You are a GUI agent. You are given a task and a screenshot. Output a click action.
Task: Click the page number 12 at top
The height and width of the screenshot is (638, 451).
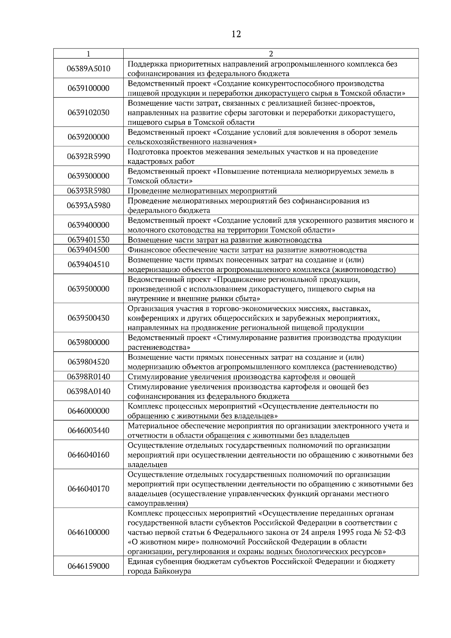point(236,34)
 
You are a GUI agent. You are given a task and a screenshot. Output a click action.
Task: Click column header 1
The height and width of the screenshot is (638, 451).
point(88,54)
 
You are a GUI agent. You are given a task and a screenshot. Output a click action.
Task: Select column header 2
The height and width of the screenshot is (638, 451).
point(271,54)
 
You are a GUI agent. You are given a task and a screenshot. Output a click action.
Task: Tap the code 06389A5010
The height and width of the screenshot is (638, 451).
point(88,68)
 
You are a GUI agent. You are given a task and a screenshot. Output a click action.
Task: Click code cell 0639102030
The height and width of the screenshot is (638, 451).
point(88,112)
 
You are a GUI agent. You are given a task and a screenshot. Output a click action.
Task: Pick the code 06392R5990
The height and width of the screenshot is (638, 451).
point(88,156)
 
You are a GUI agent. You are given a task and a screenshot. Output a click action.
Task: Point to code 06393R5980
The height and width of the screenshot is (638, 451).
point(88,190)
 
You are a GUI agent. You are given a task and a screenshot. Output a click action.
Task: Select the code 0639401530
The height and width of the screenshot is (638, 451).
point(88,240)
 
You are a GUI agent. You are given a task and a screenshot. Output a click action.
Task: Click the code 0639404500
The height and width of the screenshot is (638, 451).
point(88,249)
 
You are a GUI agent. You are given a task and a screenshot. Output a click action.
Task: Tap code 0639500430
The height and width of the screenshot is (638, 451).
point(88,318)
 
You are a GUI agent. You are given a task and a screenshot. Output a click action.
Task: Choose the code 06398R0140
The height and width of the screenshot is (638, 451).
point(88,376)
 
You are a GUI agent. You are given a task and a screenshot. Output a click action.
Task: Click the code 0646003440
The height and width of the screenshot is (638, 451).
point(88,430)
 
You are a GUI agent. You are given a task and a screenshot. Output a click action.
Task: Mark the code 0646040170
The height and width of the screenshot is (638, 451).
point(88,488)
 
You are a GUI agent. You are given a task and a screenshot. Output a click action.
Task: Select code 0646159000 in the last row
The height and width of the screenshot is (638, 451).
point(88,566)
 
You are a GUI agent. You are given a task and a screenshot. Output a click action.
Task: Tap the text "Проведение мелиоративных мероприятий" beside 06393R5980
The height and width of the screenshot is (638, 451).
point(202,191)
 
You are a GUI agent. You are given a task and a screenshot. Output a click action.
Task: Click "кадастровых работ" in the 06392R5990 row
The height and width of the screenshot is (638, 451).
point(161,162)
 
